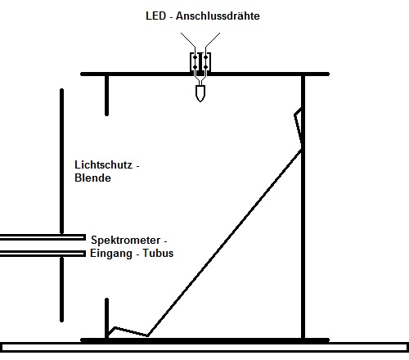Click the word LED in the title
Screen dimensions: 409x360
pos(155,16)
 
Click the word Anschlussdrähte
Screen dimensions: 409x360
pos(218,16)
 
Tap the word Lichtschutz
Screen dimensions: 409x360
pos(104,164)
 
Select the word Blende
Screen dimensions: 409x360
pos(92,178)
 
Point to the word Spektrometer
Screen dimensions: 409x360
pos(126,240)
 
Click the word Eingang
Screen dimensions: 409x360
pos(111,254)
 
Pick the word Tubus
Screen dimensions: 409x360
pos(158,253)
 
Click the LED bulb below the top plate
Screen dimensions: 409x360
pos(200,93)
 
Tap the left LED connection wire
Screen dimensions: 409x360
pos(188,40)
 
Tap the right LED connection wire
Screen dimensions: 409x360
pos(213,40)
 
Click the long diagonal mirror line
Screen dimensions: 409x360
pos(224,243)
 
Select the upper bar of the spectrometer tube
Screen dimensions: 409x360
pos(43,237)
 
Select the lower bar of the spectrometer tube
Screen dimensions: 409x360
pos(43,254)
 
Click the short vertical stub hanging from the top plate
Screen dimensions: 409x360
pos(106,95)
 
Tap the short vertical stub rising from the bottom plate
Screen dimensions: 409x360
pos(106,318)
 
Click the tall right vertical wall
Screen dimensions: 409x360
pos(303,206)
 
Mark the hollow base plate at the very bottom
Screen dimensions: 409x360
pos(204,347)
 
